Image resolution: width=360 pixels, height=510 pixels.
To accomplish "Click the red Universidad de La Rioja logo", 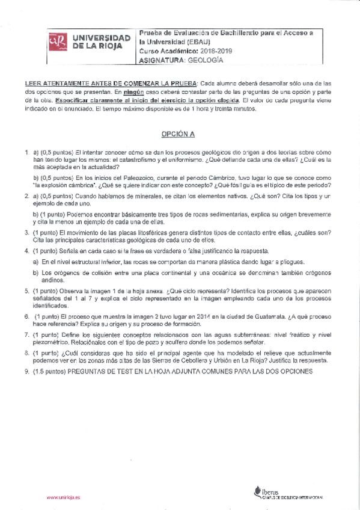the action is tap(57, 43).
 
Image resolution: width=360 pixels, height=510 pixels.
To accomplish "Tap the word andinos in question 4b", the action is tap(52, 280).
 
